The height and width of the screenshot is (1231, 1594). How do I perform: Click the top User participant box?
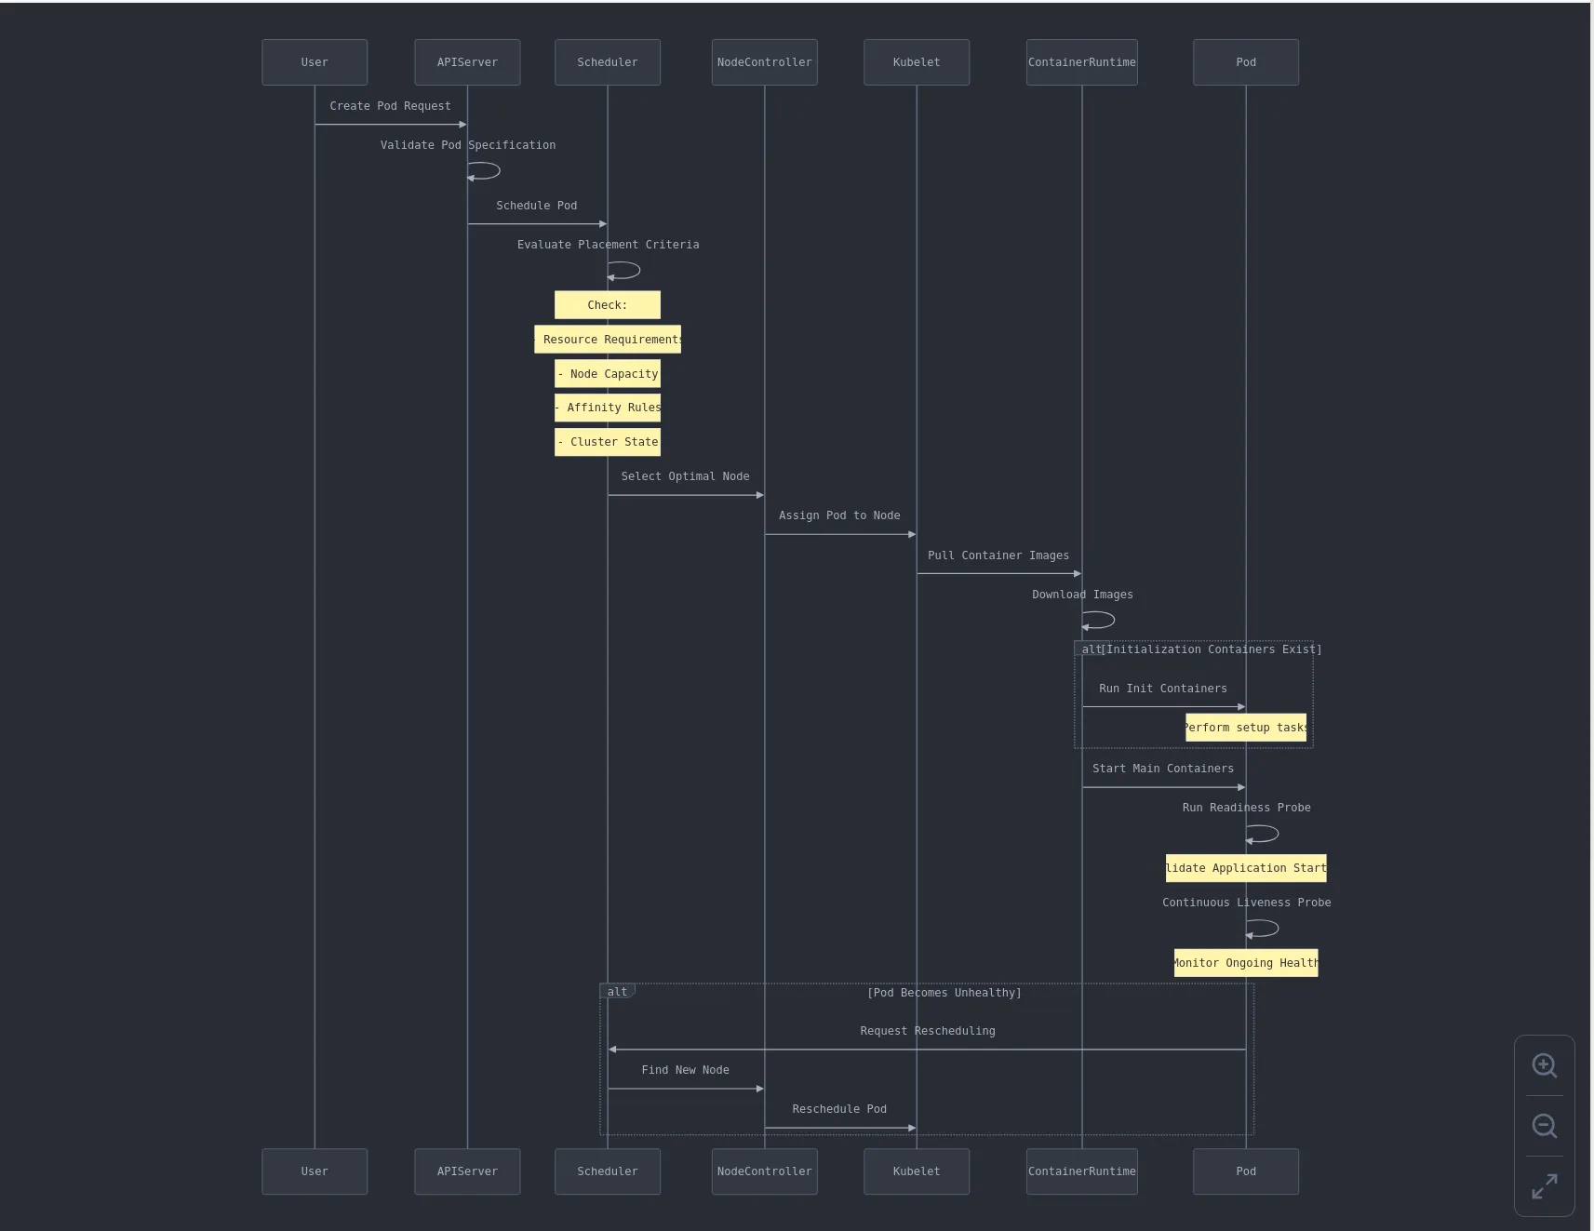point(315,62)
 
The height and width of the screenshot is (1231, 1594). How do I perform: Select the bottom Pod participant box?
point(1245,1171)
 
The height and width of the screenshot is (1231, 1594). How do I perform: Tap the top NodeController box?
point(764,62)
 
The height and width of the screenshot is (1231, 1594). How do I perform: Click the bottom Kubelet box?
point(916,1171)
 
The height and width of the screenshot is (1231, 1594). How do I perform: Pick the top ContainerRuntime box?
point(1081,62)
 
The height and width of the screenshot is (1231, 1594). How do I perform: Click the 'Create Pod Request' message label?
point(390,106)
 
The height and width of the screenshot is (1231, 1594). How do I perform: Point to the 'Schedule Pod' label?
point(536,206)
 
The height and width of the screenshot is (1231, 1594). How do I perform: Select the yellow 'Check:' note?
point(607,305)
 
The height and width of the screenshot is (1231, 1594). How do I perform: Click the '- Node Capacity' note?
point(607,374)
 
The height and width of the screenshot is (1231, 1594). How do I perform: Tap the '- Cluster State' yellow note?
point(607,442)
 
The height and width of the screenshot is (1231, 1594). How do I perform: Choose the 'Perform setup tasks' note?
point(1245,728)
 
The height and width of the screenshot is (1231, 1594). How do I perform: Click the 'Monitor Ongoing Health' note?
point(1245,963)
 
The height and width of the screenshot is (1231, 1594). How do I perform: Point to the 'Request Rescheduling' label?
point(927,1031)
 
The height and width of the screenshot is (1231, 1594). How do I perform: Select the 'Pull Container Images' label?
point(998,555)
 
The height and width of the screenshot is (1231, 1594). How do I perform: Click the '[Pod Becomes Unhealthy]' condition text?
point(944,993)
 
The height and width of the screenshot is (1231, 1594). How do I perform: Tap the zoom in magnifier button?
point(1544,1065)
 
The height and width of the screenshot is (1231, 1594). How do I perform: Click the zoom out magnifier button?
point(1544,1126)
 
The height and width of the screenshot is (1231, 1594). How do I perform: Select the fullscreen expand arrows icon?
point(1544,1186)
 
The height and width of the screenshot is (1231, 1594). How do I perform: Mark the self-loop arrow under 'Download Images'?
point(1099,621)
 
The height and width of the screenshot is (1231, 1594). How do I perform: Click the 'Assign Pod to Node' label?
point(838,515)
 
